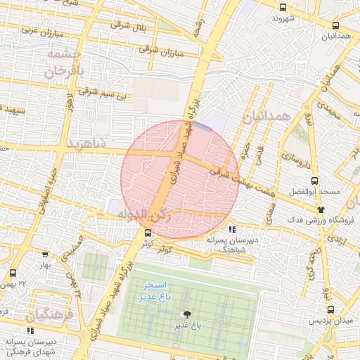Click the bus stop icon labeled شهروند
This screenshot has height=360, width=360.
(283, 7)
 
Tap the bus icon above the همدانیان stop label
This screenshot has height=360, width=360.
(335, 26)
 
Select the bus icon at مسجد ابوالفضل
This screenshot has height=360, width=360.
(314, 180)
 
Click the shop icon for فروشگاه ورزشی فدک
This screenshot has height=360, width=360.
(321, 210)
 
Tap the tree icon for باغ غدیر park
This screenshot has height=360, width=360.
(187, 314)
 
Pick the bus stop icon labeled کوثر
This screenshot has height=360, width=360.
(147, 233)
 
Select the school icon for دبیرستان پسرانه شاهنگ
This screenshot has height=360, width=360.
(232, 229)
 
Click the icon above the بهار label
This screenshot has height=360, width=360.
(46, 255)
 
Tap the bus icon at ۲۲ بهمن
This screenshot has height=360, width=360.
(13, 272)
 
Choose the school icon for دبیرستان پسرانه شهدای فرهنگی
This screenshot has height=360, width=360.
(30, 330)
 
